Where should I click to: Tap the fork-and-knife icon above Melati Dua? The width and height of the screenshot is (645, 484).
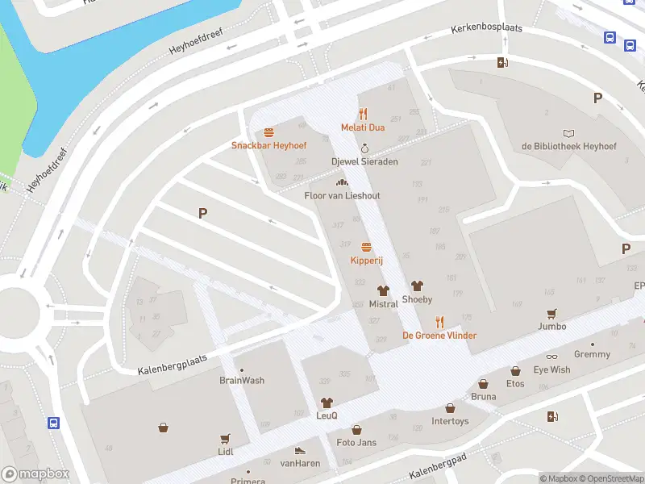tap(363, 114)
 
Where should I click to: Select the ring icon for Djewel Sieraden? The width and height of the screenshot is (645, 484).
tap(364, 148)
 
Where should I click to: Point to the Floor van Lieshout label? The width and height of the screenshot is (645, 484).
tap(342, 196)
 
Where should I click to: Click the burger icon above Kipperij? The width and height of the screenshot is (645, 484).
tap(366, 247)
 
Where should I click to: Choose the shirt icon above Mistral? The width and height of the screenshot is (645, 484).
tap(383, 290)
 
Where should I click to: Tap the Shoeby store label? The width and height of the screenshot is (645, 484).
tap(417, 299)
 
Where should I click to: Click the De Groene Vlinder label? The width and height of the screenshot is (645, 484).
tap(439, 336)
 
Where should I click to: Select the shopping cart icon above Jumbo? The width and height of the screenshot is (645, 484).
tap(552, 313)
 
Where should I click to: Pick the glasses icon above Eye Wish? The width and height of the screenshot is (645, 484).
tap(551, 357)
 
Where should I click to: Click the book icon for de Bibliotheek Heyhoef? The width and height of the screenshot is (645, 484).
tap(569, 133)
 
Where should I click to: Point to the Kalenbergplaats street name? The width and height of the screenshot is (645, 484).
tap(172, 364)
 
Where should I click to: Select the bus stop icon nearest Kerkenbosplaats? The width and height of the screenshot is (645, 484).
tap(610, 38)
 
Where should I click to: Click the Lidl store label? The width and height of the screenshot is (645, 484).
tap(225, 452)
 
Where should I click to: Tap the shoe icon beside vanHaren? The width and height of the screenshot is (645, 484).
tap(300, 450)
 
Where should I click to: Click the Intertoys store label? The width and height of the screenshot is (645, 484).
tap(450, 421)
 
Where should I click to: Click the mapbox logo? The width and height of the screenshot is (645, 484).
tap(35, 474)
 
